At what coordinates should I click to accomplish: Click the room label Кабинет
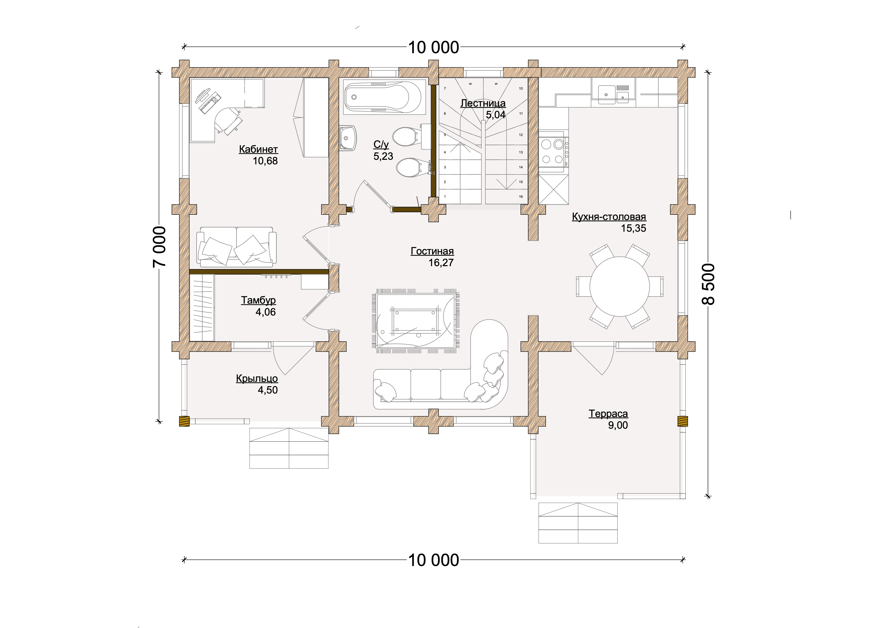tap(258, 149)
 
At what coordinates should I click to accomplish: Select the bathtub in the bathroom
tap(383, 97)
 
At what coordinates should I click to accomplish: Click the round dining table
tap(620, 287)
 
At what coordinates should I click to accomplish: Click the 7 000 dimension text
tap(159, 247)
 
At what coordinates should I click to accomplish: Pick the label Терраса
tap(608, 414)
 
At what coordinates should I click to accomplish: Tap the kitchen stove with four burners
tap(553, 152)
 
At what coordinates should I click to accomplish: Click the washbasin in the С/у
tap(348, 138)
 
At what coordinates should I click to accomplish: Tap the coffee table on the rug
tap(415, 321)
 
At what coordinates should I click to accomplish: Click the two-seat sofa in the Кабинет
tap(236, 247)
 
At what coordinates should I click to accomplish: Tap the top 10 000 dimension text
tap(433, 48)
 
